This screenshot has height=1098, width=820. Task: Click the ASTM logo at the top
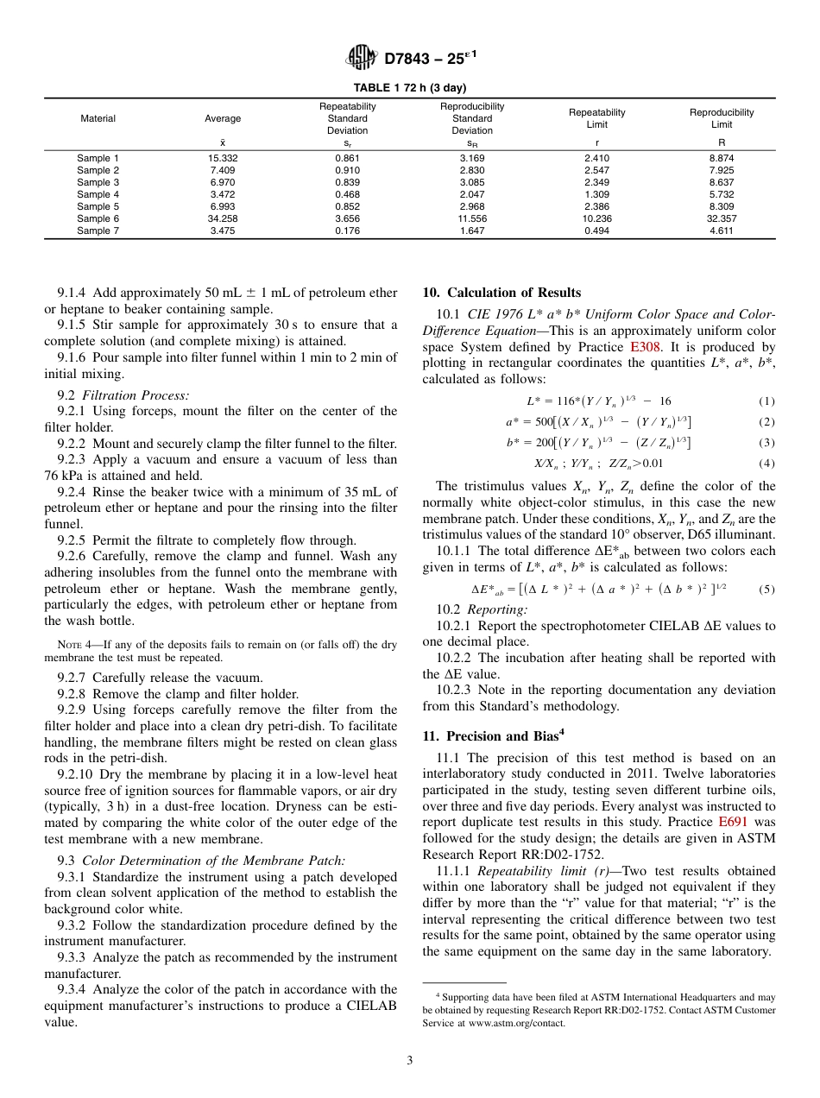tap(361, 58)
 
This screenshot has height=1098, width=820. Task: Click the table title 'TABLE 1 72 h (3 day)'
tap(409, 88)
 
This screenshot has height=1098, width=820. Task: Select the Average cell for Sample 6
tap(222, 219)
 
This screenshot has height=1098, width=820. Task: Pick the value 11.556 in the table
tap(472, 219)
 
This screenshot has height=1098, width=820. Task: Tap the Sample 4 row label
tap(98, 195)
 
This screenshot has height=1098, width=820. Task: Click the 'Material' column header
tap(98, 118)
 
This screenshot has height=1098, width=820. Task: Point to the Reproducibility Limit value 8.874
tap(721, 159)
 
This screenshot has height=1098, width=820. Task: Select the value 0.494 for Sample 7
tap(596, 231)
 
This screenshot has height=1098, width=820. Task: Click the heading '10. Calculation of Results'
tap(501, 293)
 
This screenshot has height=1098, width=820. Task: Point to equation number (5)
tap(766, 590)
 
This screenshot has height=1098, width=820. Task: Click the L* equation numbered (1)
tap(598, 401)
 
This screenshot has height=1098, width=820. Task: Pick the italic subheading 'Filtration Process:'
tap(135, 395)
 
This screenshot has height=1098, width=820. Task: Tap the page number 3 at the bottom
tap(409, 1061)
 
